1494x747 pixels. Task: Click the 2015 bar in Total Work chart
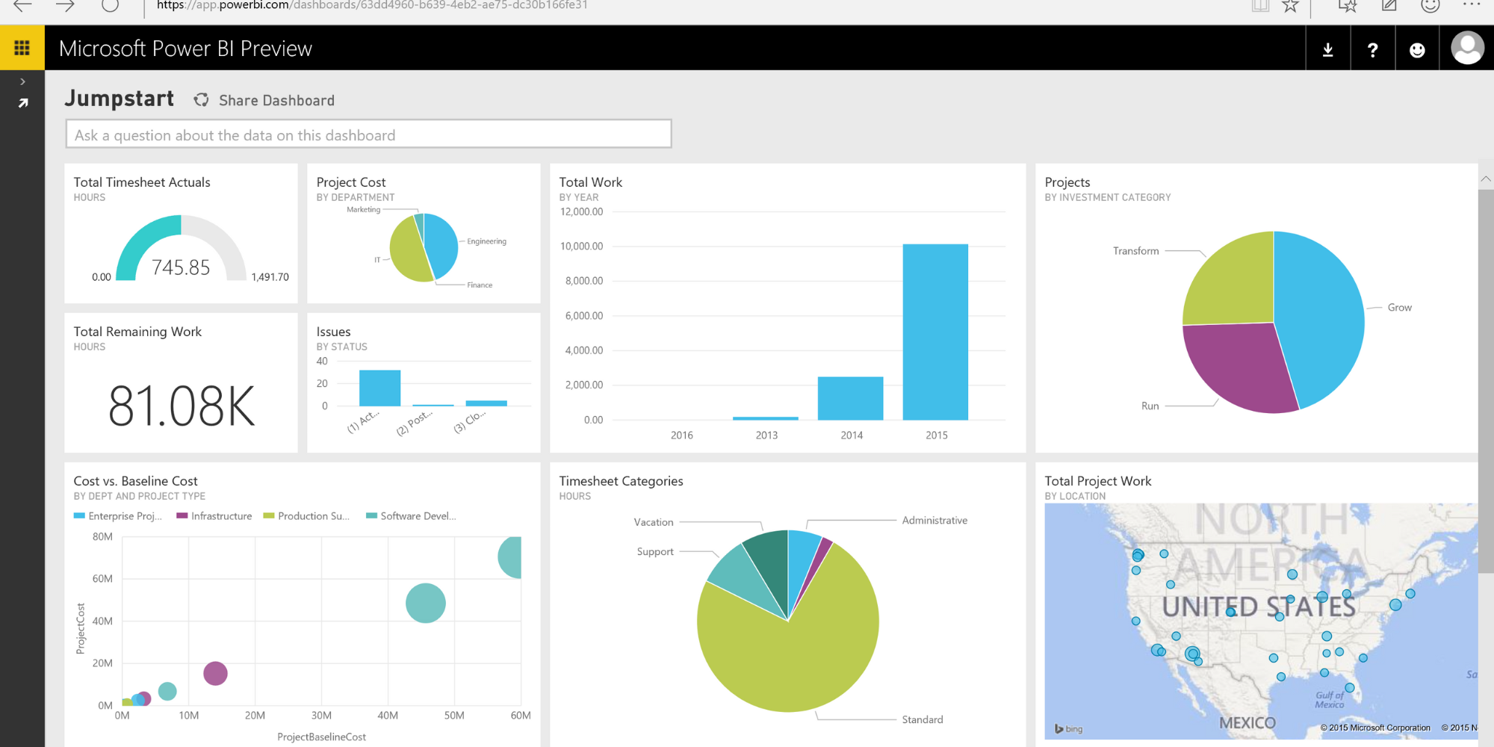coord(934,332)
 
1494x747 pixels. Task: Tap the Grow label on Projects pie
coord(1399,308)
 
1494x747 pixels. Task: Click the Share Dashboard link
coord(276,101)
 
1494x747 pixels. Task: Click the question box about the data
coord(368,134)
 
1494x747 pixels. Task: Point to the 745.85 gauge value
coord(181,267)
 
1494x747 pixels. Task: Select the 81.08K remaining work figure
coord(182,406)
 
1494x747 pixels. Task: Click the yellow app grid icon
coord(22,48)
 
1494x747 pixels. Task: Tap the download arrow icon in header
coord(1327,50)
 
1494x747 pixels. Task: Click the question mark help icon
coord(1372,50)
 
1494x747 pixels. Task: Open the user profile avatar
coord(1466,48)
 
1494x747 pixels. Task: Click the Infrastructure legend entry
coord(220,516)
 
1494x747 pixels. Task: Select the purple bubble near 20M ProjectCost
coord(215,673)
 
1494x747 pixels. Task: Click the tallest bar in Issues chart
coord(379,388)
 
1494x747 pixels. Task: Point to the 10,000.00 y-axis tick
coord(581,247)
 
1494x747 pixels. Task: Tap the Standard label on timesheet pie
coord(922,719)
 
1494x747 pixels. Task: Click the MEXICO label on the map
coord(1247,722)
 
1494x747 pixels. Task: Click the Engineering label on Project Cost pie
coord(486,241)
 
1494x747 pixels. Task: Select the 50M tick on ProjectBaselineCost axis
coord(453,716)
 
